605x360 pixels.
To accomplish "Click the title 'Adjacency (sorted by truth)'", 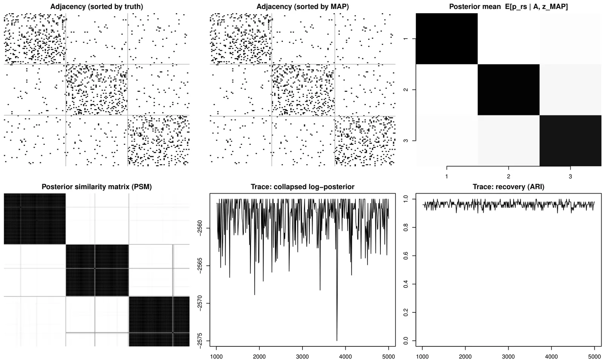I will coord(96,7).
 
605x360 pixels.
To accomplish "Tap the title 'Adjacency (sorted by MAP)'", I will coord(302,7).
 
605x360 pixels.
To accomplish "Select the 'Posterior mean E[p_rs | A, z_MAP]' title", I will coord(509,7).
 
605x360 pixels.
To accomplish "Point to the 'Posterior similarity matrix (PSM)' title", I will coord(96,187).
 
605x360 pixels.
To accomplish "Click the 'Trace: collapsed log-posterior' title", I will coord(302,187).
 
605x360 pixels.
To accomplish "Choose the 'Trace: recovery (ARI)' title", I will coord(509,187).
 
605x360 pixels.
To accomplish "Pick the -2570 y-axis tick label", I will coord(200,303).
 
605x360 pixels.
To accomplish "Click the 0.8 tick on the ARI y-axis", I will coord(406,227).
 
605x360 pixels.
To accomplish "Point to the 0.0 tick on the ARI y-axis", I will coord(406,341).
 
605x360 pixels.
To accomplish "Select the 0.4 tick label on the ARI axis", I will coord(406,284).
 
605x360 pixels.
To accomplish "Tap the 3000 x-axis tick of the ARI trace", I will coord(509,356).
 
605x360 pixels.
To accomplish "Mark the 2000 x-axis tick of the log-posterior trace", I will coord(259,356).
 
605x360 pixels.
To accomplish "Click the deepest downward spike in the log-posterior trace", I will coord(337,340).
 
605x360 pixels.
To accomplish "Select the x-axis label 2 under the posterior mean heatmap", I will coord(509,176).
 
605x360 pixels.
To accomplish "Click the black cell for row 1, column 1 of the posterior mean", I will coord(447,39).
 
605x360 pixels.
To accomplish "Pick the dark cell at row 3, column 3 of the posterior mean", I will coord(570,141).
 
